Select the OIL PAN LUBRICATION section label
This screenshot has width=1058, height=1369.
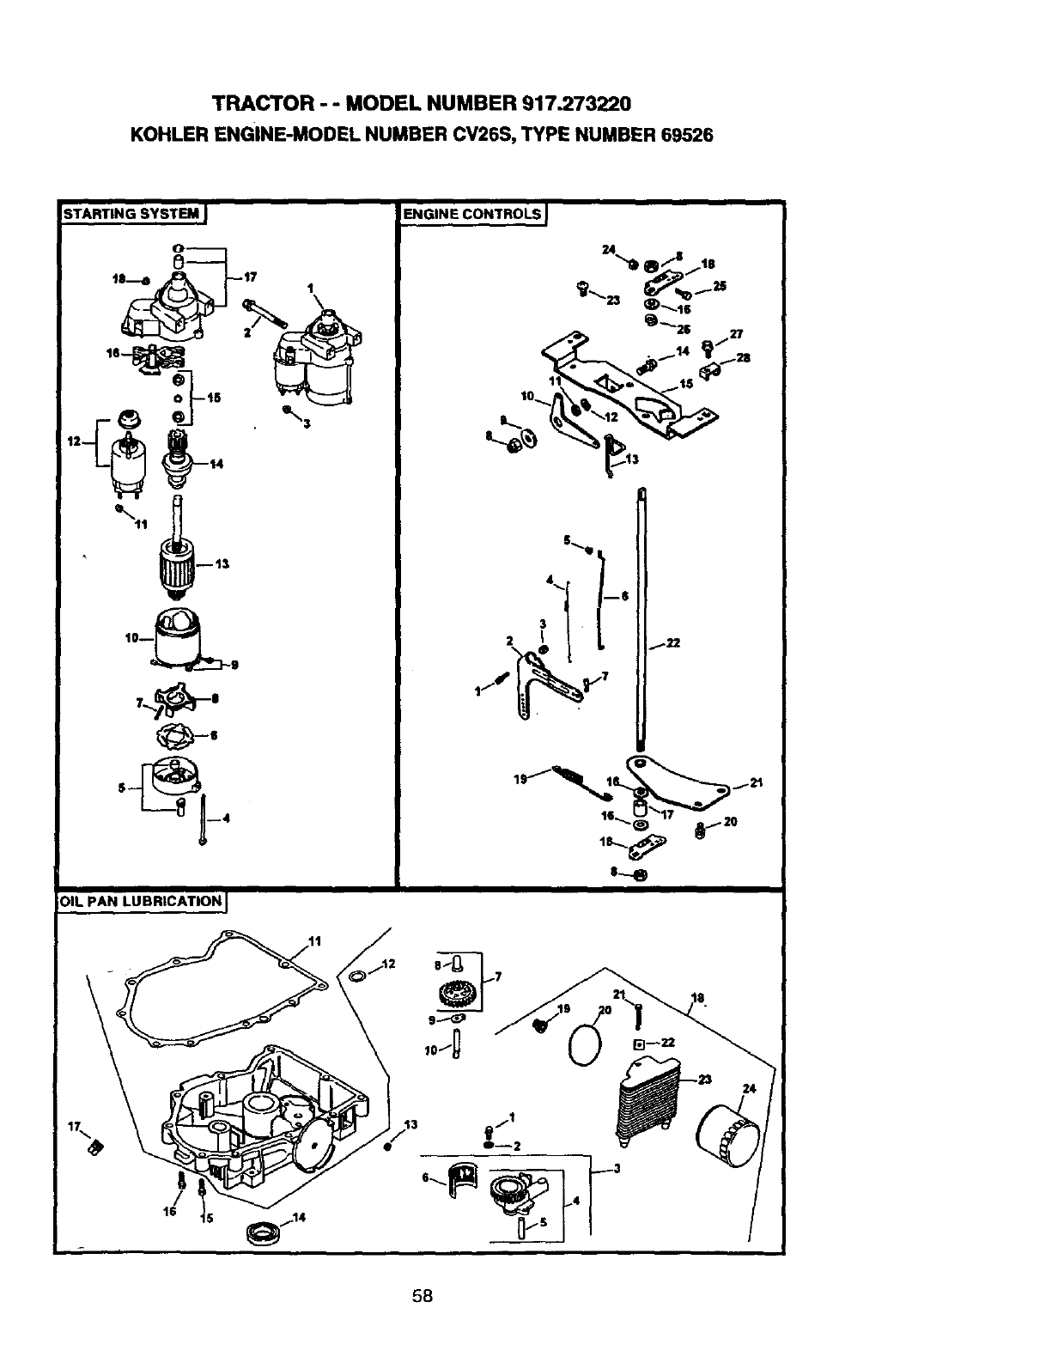141,901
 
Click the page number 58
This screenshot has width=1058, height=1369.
421,1296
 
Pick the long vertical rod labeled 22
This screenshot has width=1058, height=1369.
641,618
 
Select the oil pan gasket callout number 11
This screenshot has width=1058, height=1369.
314,940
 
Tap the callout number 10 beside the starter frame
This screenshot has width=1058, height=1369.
131,637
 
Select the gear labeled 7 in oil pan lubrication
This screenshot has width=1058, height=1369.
454,996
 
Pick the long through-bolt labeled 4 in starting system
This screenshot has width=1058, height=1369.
204,818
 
